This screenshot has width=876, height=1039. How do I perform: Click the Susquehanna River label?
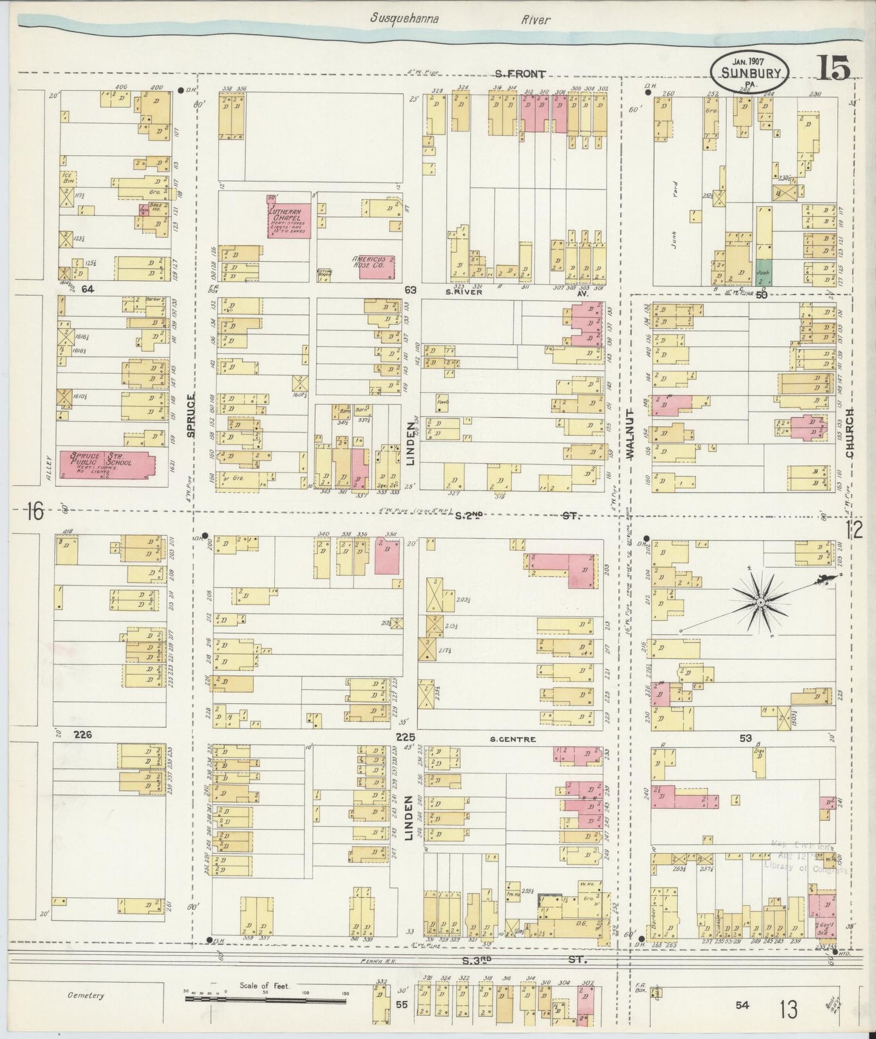point(461,19)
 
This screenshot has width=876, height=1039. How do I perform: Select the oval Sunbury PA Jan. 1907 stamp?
point(751,70)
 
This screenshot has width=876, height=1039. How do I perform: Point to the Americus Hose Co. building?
point(376,266)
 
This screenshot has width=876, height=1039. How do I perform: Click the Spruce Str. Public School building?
point(105,466)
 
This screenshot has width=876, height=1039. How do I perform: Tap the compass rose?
point(760,602)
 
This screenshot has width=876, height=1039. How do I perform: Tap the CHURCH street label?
point(850,433)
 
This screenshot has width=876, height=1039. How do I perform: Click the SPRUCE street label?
point(192,415)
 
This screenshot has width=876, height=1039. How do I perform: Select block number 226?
point(82,735)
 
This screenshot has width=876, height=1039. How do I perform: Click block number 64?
point(88,289)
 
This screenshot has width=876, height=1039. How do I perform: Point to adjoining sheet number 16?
point(34,513)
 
